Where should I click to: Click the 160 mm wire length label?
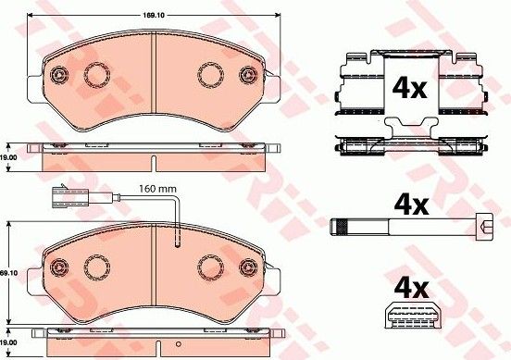coord(157,189)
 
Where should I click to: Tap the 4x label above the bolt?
coord(411,205)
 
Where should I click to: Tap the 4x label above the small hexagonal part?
coord(411,289)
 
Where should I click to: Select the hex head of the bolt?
coord(484,227)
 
